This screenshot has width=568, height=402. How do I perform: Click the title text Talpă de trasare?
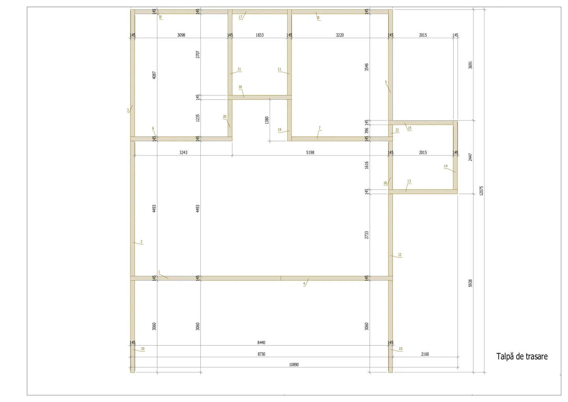click(522, 357)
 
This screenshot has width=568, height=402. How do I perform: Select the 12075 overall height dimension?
click(481, 191)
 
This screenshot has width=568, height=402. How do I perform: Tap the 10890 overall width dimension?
click(294, 365)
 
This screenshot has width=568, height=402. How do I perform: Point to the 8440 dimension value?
click(261, 343)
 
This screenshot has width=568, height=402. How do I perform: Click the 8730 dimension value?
click(261, 354)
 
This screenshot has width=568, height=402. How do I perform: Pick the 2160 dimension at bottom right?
click(425, 354)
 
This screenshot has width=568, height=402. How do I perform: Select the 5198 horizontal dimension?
click(310, 153)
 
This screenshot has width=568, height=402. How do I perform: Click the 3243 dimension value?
click(183, 153)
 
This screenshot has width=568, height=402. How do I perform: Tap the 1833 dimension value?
click(260, 35)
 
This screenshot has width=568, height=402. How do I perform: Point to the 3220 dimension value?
click(340, 35)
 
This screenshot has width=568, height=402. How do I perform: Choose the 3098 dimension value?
click(181, 35)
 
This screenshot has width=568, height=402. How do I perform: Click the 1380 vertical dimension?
click(267, 120)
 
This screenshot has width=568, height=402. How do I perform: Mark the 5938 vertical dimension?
click(470, 283)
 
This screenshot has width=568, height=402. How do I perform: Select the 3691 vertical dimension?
click(470, 65)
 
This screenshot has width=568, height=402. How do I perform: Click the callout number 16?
click(240, 87)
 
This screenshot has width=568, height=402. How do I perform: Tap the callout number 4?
click(304, 284)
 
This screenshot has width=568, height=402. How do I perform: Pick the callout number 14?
click(446, 166)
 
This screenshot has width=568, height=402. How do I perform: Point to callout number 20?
click(224, 117)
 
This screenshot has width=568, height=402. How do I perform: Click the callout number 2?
click(141, 241)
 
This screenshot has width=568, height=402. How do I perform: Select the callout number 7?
click(319, 128)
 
